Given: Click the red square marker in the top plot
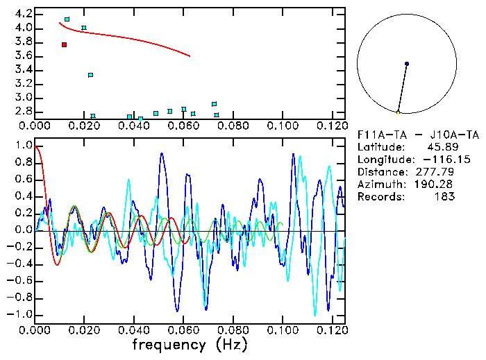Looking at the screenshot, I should (64, 44).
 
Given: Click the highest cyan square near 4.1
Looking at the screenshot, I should (67, 19).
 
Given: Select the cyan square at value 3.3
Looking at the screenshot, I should (90, 75).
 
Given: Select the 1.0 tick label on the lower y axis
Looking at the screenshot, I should (23, 146).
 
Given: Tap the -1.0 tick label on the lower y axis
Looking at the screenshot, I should (20, 314).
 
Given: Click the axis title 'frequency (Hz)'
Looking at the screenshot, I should (189, 345).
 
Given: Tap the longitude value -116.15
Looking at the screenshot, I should (432, 159).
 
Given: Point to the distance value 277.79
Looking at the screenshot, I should (435, 171).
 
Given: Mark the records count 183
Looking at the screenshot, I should (444, 196).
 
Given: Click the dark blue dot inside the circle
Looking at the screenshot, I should (407, 64).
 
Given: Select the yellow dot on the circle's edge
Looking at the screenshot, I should (398, 112).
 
